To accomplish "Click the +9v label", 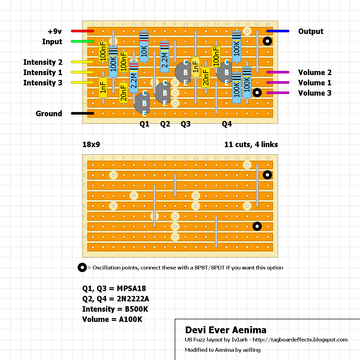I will pos(55,32).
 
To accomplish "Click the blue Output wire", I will pos(278,31).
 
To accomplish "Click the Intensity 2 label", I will pos(43,62).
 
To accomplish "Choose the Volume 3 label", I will pos(315,93).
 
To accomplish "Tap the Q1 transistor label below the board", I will pos(144,124).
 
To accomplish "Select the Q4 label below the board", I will pos(227,124).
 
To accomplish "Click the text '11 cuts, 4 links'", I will pos(251,145).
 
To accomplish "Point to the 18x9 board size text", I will pos(91,145).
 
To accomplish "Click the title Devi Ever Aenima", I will pos(226,330).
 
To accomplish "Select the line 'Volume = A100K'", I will pos(112,320).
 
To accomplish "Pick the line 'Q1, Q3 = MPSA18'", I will pos(116,289).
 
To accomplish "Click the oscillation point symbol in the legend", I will pos(82,267).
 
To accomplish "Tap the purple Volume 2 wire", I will pos(278,72).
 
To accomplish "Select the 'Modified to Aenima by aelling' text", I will pos(223,350).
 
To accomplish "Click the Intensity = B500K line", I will pos(115,309).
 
